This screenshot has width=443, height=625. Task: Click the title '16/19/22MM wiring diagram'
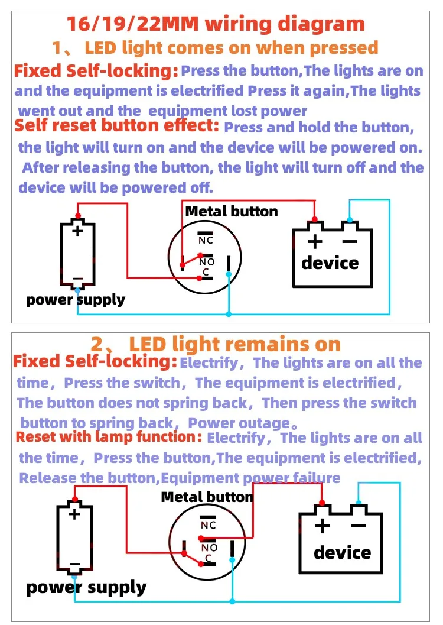[216, 24]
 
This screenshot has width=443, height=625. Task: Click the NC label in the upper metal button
[206, 240]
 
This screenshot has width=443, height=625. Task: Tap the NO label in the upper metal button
[207, 262]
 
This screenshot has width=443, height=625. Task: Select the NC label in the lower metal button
[209, 525]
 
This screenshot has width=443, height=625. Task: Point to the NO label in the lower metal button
[210, 548]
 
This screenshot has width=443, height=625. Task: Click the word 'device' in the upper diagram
[330, 263]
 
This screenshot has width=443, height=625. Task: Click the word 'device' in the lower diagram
[343, 553]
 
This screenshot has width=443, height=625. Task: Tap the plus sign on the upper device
[315, 241]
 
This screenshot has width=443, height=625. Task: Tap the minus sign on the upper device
[350, 241]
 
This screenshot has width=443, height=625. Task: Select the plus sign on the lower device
[322, 526]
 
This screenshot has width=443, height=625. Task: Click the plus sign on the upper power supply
[77, 231]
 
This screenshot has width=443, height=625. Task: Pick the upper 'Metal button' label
[232, 212]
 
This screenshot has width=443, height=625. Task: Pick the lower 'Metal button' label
[207, 497]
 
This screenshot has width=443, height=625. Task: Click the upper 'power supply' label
[76, 300]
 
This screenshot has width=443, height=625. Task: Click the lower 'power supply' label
[86, 587]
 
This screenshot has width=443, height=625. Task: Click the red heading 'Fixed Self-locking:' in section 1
[96, 72]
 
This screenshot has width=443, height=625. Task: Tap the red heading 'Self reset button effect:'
[117, 126]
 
